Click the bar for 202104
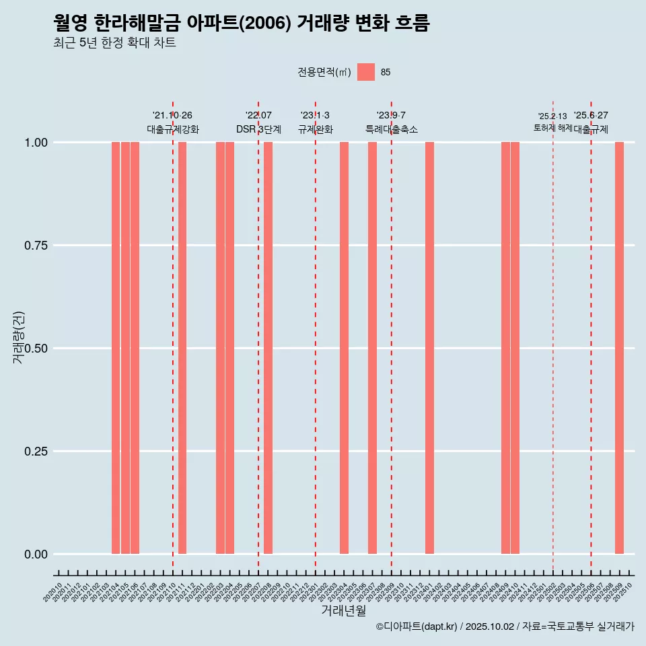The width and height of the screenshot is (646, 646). click(116, 348)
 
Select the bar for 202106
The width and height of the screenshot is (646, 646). click(135, 348)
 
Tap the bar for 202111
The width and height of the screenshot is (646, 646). click(182, 348)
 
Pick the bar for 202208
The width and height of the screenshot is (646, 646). click(268, 348)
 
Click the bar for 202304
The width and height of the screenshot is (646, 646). click(344, 348)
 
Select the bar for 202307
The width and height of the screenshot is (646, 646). click(372, 348)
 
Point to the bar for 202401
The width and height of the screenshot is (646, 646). click(429, 348)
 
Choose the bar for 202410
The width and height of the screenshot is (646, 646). click(515, 348)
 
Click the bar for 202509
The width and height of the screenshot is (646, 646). click(619, 348)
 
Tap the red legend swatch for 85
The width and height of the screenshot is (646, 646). click(366, 72)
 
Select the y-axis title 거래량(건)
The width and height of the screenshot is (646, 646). click(19, 338)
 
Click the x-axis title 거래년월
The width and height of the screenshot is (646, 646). click(343, 611)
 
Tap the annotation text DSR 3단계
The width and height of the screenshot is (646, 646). click(258, 129)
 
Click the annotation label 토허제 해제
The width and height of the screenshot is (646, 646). click(552, 128)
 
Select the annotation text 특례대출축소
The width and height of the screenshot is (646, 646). click(392, 129)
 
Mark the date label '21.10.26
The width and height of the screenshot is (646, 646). click(172, 115)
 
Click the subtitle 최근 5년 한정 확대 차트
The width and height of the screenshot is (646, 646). click(114, 43)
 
